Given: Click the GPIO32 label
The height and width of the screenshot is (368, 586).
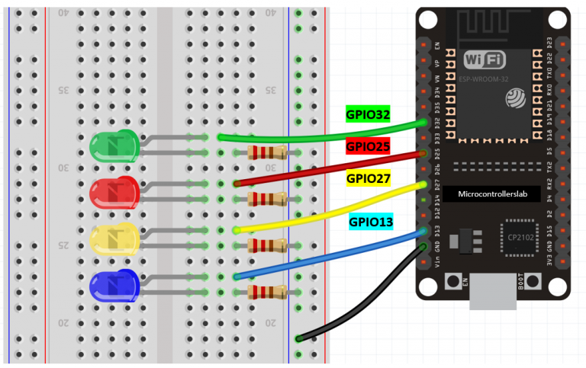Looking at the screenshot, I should coord(368,114).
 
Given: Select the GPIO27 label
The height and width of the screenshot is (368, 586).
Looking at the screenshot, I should coord(369,178).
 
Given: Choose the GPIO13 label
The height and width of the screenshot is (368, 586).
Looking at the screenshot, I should coord(372,222).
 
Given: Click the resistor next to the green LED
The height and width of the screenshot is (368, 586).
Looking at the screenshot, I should coord(268,153).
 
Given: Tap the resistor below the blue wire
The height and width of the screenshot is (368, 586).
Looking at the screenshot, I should coord(268,292).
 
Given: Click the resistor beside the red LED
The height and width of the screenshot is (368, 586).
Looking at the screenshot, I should coord(268,200).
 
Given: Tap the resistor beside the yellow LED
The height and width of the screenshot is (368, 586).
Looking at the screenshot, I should coord(268,245).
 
